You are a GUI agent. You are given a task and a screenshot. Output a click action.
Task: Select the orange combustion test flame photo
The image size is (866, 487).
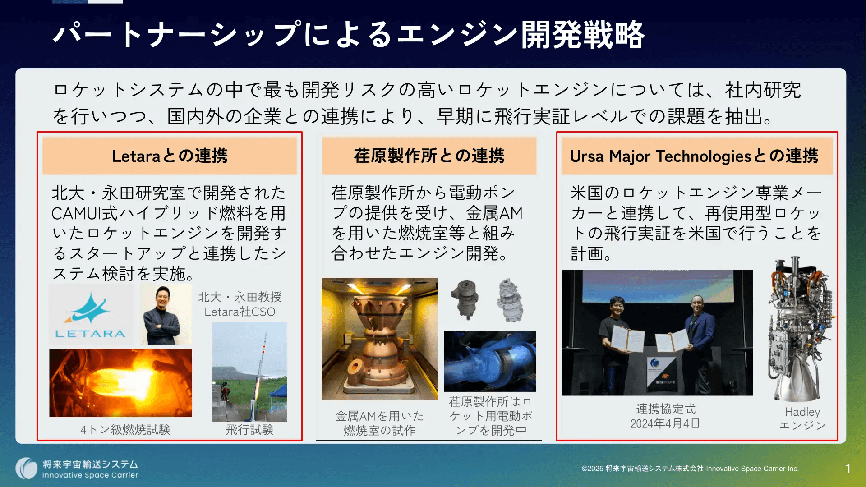120,383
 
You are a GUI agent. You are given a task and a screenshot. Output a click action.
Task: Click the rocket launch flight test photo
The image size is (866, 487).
249,372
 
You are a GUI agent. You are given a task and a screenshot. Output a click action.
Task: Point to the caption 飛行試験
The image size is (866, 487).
249,430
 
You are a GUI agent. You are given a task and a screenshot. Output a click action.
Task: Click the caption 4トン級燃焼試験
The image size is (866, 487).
125,430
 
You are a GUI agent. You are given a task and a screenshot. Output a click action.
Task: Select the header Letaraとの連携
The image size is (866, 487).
170,156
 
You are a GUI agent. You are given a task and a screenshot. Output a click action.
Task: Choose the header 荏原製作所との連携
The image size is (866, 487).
429,156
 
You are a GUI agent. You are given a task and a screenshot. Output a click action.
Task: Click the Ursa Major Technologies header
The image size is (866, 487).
694,156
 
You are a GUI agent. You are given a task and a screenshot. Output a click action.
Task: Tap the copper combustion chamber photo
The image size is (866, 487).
379,339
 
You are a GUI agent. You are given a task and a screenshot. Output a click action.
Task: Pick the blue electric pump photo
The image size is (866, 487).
490,361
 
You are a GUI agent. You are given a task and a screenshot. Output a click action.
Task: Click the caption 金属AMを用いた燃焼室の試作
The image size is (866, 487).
379,423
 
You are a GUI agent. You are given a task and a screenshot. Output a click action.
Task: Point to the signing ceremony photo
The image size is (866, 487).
657,333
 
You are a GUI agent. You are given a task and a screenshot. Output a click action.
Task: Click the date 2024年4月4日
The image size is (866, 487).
665,424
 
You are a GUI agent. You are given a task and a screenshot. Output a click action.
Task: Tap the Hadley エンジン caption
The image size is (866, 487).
802,418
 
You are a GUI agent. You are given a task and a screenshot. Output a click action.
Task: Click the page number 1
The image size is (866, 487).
848,469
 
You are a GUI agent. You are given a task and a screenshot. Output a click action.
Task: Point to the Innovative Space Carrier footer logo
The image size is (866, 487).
77,469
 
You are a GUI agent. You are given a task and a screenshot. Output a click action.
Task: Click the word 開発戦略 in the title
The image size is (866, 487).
583,35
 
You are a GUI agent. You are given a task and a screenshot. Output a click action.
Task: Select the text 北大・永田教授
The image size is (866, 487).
240,297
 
